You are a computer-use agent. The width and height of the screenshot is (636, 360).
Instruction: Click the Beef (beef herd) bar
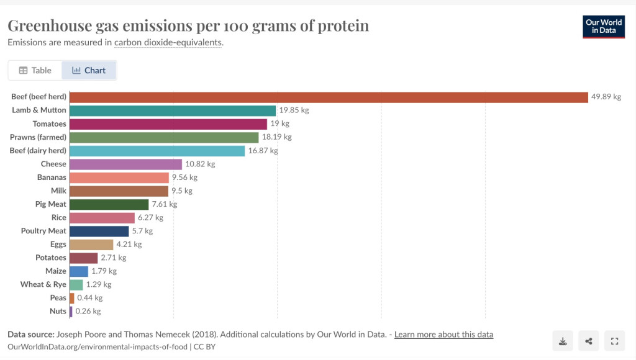[329, 97]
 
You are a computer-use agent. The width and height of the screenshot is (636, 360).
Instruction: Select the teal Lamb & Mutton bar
[173, 110]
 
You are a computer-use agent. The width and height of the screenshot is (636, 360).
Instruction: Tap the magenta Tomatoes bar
[168, 124]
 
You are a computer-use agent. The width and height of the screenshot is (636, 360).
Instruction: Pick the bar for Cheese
[125, 164]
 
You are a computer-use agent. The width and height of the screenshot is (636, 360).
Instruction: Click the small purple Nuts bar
[71, 311]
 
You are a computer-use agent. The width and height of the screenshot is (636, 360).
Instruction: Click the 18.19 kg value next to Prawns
[276, 137]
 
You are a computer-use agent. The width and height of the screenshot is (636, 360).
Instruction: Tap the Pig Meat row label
[51, 204]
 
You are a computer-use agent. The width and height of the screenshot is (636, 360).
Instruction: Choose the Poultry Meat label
[43, 231]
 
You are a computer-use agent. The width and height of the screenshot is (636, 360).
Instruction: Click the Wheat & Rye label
[43, 284]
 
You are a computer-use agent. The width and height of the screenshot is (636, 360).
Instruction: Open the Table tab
[35, 70]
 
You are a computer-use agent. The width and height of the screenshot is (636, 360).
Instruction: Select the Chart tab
[89, 70]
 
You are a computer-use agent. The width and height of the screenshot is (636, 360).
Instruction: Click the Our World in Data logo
[604, 26]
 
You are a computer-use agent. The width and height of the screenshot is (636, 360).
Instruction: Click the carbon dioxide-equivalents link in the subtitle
[168, 43]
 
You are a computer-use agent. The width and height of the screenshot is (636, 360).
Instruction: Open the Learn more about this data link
[443, 335]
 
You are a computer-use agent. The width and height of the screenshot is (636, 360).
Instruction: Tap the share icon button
[588, 341]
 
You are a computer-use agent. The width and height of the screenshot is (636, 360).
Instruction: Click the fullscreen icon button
[614, 341]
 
